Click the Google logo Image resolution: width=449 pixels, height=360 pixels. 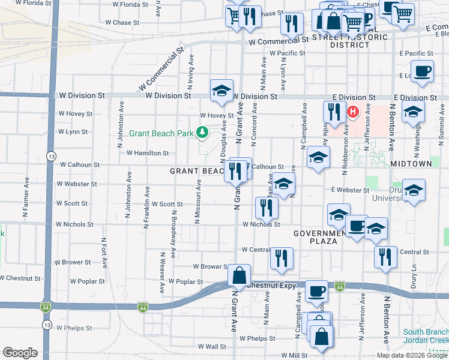coord(20,353)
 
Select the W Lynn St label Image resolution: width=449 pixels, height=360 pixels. coord(72,131)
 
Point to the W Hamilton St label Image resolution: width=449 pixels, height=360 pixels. coord(148,153)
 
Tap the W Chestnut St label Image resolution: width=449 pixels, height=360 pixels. coord(20,278)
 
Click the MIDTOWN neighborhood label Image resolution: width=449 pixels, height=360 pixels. coord(411,163)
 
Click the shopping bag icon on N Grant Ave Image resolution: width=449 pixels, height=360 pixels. coord(240,276)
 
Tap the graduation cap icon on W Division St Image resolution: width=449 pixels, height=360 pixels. coord(221,91)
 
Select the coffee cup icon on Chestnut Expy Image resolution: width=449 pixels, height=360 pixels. coord(316,291)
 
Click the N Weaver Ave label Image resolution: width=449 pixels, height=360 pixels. coord(162,272)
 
